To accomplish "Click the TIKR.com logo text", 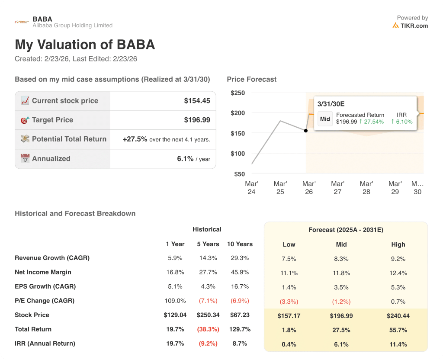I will pyautogui.click(x=414, y=26).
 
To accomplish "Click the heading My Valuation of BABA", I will pyautogui.click(x=85, y=45).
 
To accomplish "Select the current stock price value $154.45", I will pyautogui.click(x=197, y=101).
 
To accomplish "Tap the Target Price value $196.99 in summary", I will pyautogui.click(x=197, y=120).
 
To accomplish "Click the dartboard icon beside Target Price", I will pyautogui.click(x=25, y=120).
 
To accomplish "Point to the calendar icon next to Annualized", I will pyautogui.click(x=25, y=158).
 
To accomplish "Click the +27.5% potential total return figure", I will pyautogui.click(x=135, y=139).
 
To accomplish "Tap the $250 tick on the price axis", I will pyautogui.click(x=238, y=93).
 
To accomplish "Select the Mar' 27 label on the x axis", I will pyautogui.click(x=337, y=188).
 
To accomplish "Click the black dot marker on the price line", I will pyautogui.click(x=306, y=130).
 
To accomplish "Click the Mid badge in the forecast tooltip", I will pyautogui.click(x=325, y=119).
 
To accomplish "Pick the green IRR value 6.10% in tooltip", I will pyautogui.click(x=402, y=122).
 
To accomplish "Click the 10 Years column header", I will pyautogui.click(x=240, y=244).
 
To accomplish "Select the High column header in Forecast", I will pyautogui.click(x=398, y=244).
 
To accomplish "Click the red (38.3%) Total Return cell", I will pyautogui.click(x=208, y=329).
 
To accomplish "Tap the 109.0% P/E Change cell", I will pyautogui.click(x=175, y=301).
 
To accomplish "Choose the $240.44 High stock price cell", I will pyautogui.click(x=398, y=316).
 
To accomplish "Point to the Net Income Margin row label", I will pyautogui.click(x=43, y=272).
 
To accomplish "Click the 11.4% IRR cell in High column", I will pyautogui.click(x=398, y=344).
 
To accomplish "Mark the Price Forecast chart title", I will pyautogui.click(x=251, y=79).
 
